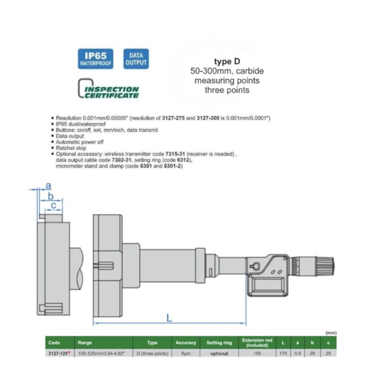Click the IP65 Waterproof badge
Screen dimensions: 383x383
tap(95, 59)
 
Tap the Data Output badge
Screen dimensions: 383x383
tap(136, 59)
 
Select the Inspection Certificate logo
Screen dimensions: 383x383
tap(108, 88)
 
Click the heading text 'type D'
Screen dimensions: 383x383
tap(227, 61)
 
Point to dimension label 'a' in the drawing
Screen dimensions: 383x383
tap(48, 186)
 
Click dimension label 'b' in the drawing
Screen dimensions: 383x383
tap(51, 196)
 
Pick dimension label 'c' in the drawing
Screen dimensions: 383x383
tap(54, 205)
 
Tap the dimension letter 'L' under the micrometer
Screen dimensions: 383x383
tap(169, 318)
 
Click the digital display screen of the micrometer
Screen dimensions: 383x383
tap(268, 285)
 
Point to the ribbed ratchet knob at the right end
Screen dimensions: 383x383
tap(325, 266)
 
